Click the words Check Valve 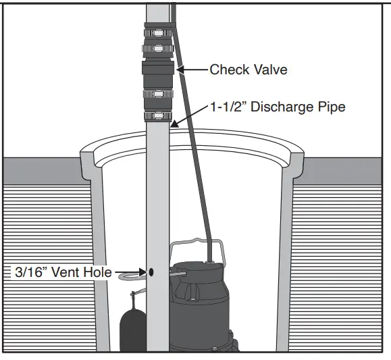(248, 69)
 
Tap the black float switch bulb (130, 328)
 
